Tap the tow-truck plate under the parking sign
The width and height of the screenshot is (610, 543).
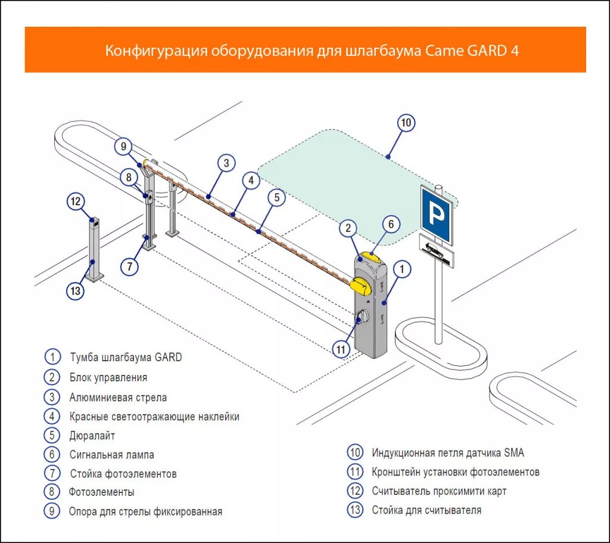coord(437,251)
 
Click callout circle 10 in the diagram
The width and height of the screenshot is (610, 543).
coord(406,123)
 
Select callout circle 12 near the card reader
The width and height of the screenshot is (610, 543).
coord(76,201)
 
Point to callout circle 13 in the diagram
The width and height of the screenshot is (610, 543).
coord(75,291)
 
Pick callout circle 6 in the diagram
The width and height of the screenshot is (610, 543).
coord(391,224)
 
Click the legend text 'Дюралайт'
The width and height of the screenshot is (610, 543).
coord(92,435)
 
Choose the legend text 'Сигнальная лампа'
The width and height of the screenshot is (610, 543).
coord(111,455)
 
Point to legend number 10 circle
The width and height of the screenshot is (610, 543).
coord(355,452)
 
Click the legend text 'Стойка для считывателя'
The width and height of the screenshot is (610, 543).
coord(427,510)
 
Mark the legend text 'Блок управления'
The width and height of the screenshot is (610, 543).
coord(108,377)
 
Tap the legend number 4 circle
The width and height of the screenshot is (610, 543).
coord(52,416)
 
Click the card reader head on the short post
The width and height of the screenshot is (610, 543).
coord(94,221)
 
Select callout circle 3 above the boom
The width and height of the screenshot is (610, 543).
coord(226,162)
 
